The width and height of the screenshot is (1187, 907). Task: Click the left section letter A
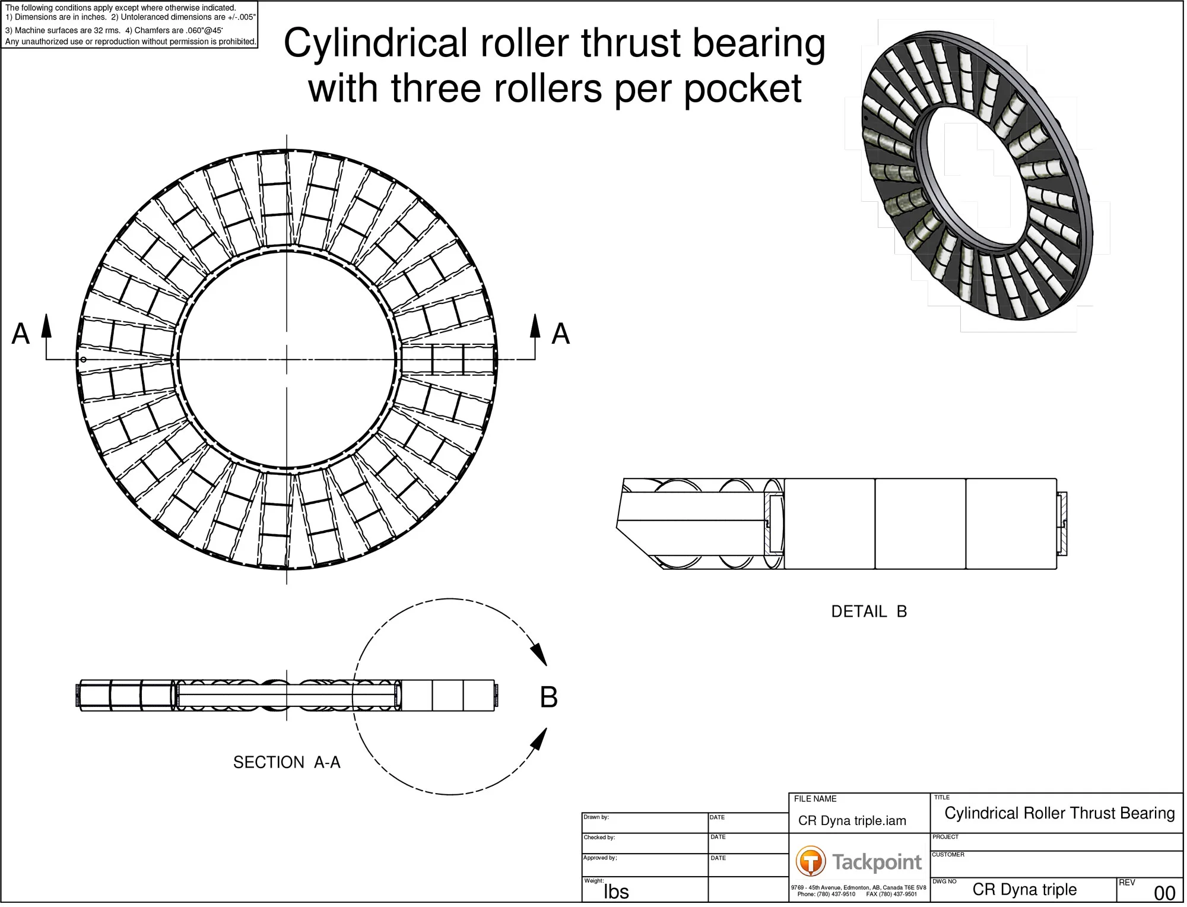[x=21, y=334]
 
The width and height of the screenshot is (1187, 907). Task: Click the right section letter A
[x=561, y=334]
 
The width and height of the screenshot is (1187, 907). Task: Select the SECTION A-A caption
[x=287, y=764]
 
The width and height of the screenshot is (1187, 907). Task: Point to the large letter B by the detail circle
[x=550, y=699]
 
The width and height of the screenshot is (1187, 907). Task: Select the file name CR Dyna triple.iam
[x=853, y=823]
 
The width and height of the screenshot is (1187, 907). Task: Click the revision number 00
[x=1166, y=895]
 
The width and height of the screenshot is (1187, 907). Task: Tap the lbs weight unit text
[x=617, y=894]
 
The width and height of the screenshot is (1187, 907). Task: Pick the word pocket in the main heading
[x=744, y=89]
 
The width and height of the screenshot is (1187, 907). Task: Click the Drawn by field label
[x=597, y=819]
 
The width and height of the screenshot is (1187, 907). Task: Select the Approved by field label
[x=601, y=860]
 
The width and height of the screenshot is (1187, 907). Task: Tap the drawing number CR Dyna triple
[x=1026, y=892]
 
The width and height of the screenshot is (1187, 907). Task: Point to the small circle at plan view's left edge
[x=84, y=360]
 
